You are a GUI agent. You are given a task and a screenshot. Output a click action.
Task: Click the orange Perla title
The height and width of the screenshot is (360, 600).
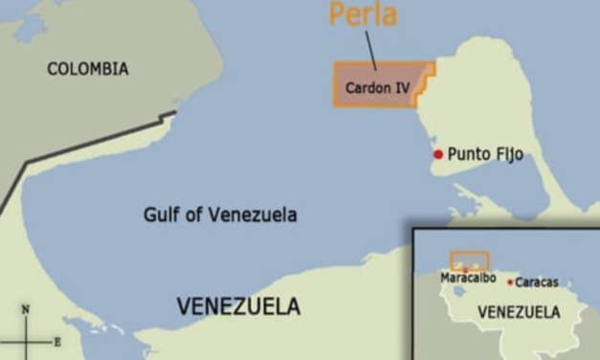pos(364,15)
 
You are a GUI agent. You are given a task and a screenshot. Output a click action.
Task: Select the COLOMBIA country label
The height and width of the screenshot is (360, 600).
pos(88,69)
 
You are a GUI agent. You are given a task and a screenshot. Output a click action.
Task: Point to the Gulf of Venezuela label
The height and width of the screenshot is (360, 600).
pos(220,214)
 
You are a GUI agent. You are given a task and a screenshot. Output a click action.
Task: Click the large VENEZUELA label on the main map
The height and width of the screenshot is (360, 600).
pos(238,306)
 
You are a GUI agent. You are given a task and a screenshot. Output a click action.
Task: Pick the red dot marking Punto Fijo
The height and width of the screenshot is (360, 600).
pos(438,154)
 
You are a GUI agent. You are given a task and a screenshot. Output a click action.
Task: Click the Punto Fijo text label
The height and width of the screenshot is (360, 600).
pos(485,154)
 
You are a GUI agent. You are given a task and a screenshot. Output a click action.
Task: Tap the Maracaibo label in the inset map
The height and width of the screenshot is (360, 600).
pos(467,279)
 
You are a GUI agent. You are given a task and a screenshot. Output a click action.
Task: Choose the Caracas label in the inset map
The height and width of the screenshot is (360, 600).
pos(537,282)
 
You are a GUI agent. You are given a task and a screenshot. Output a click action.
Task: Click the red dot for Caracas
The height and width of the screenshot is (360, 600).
pos(510,281)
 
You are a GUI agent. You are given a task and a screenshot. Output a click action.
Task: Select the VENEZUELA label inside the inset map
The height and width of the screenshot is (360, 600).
pos(518,312)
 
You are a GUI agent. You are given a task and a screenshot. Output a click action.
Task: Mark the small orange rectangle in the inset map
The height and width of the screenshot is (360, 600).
pos(470,259)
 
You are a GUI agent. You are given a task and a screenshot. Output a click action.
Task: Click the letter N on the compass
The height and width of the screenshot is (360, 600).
pos(26,309)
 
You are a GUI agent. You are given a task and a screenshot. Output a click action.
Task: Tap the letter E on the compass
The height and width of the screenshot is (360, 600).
pos(57,341)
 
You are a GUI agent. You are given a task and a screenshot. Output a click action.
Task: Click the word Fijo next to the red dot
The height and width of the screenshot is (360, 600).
pos(506,154)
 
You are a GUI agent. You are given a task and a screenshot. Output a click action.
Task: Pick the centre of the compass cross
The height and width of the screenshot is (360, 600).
pos(26,341)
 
